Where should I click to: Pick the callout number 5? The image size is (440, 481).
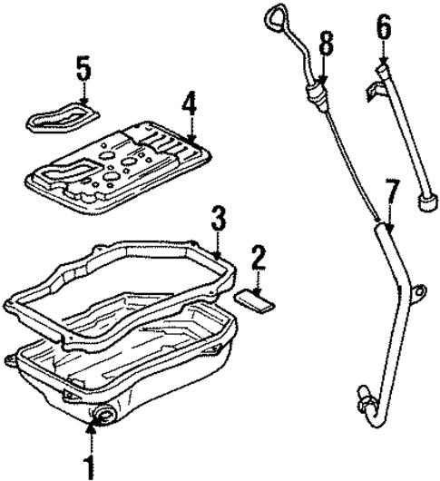(x=83, y=67)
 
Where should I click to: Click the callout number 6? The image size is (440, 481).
(x=384, y=29)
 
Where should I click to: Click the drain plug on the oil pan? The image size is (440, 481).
(x=101, y=417)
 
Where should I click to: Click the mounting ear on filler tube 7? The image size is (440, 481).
(x=419, y=291)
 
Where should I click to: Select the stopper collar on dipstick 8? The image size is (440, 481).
(x=317, y=92)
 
